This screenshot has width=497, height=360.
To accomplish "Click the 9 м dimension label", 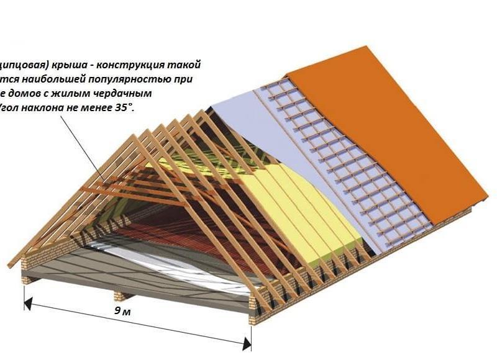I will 122,311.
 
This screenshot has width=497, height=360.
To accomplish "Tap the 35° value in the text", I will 124,107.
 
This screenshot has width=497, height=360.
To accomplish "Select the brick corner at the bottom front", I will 253,313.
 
